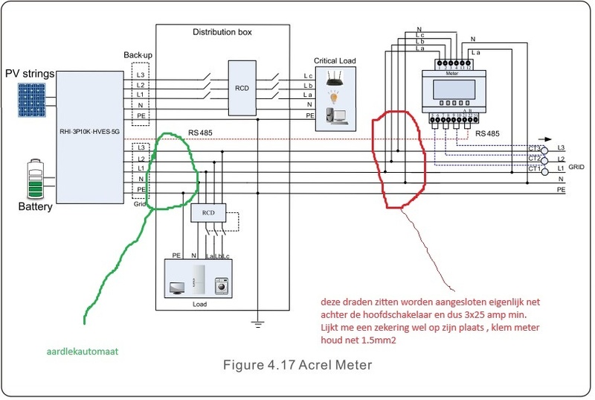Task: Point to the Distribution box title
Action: [x=222, y=33]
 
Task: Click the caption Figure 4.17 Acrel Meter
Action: [x=297, y=366]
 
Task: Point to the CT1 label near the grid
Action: [x=534, y=169]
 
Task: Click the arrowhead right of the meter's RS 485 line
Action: [x=550, y=139]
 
